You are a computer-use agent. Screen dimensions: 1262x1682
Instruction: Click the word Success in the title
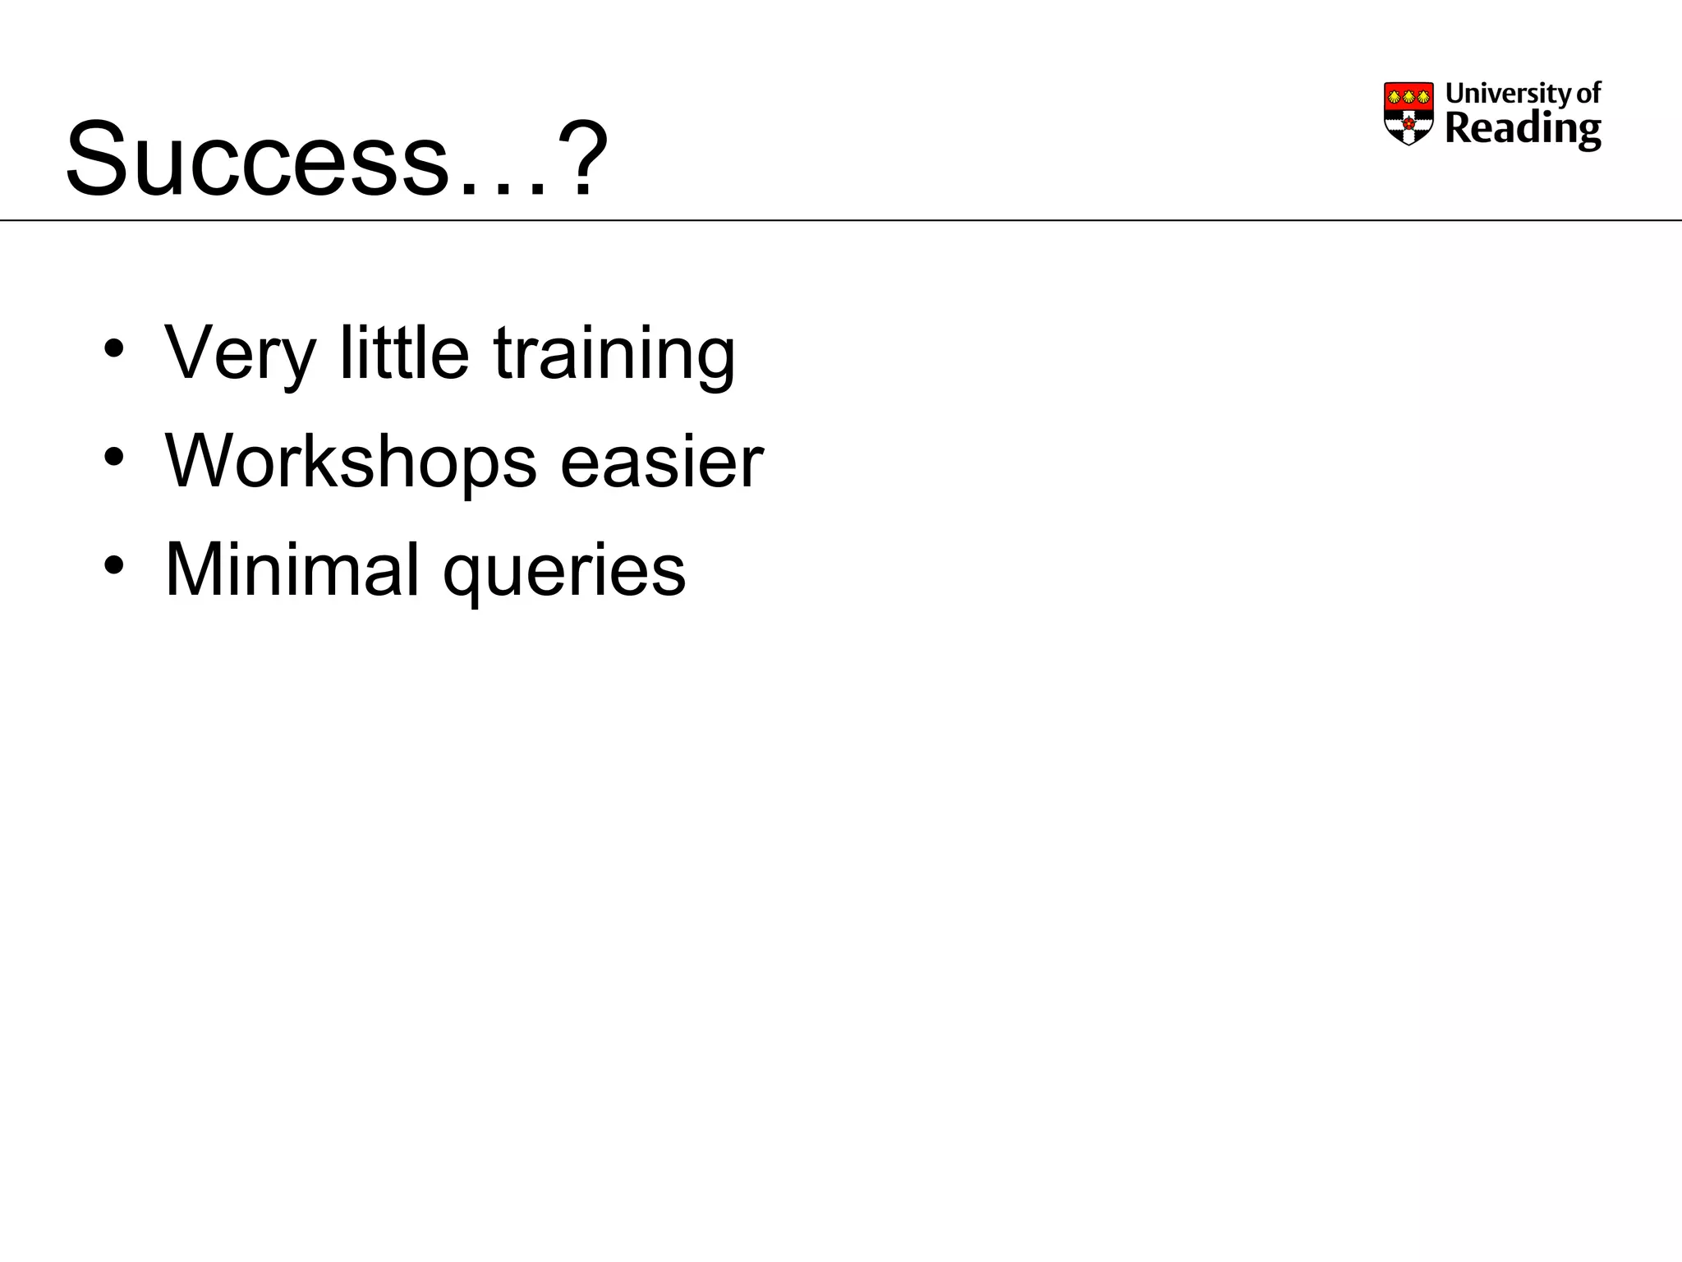pyautogui.click(x=258, y=159)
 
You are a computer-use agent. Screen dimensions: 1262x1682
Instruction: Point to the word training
pyautogui.click(x=614, y=353)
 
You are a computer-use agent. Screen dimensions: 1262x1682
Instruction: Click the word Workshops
pyautogui.click(x=351, y=461)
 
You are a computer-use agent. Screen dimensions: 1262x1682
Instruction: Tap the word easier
pyautogui.click(x=661, y=462)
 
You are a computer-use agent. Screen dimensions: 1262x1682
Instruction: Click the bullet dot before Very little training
pyautogui.click(x=114, y=348)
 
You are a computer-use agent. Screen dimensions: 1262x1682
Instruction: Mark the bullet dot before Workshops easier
pyautogui.click(x=114, y=456)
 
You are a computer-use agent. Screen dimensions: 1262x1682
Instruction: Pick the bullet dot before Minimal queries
pyautogui.click(x=114, y=564)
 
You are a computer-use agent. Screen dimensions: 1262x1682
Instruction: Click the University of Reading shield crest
pyautogui.click(x=1409, y=113)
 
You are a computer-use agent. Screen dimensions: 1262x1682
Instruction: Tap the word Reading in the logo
pyautogui.click(x=1523, y=129)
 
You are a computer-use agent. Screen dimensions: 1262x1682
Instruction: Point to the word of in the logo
pyautogui.click(x=1588, y=93)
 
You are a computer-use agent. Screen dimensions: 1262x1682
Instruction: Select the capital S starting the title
pyautogui.click(x=96, y=159)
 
